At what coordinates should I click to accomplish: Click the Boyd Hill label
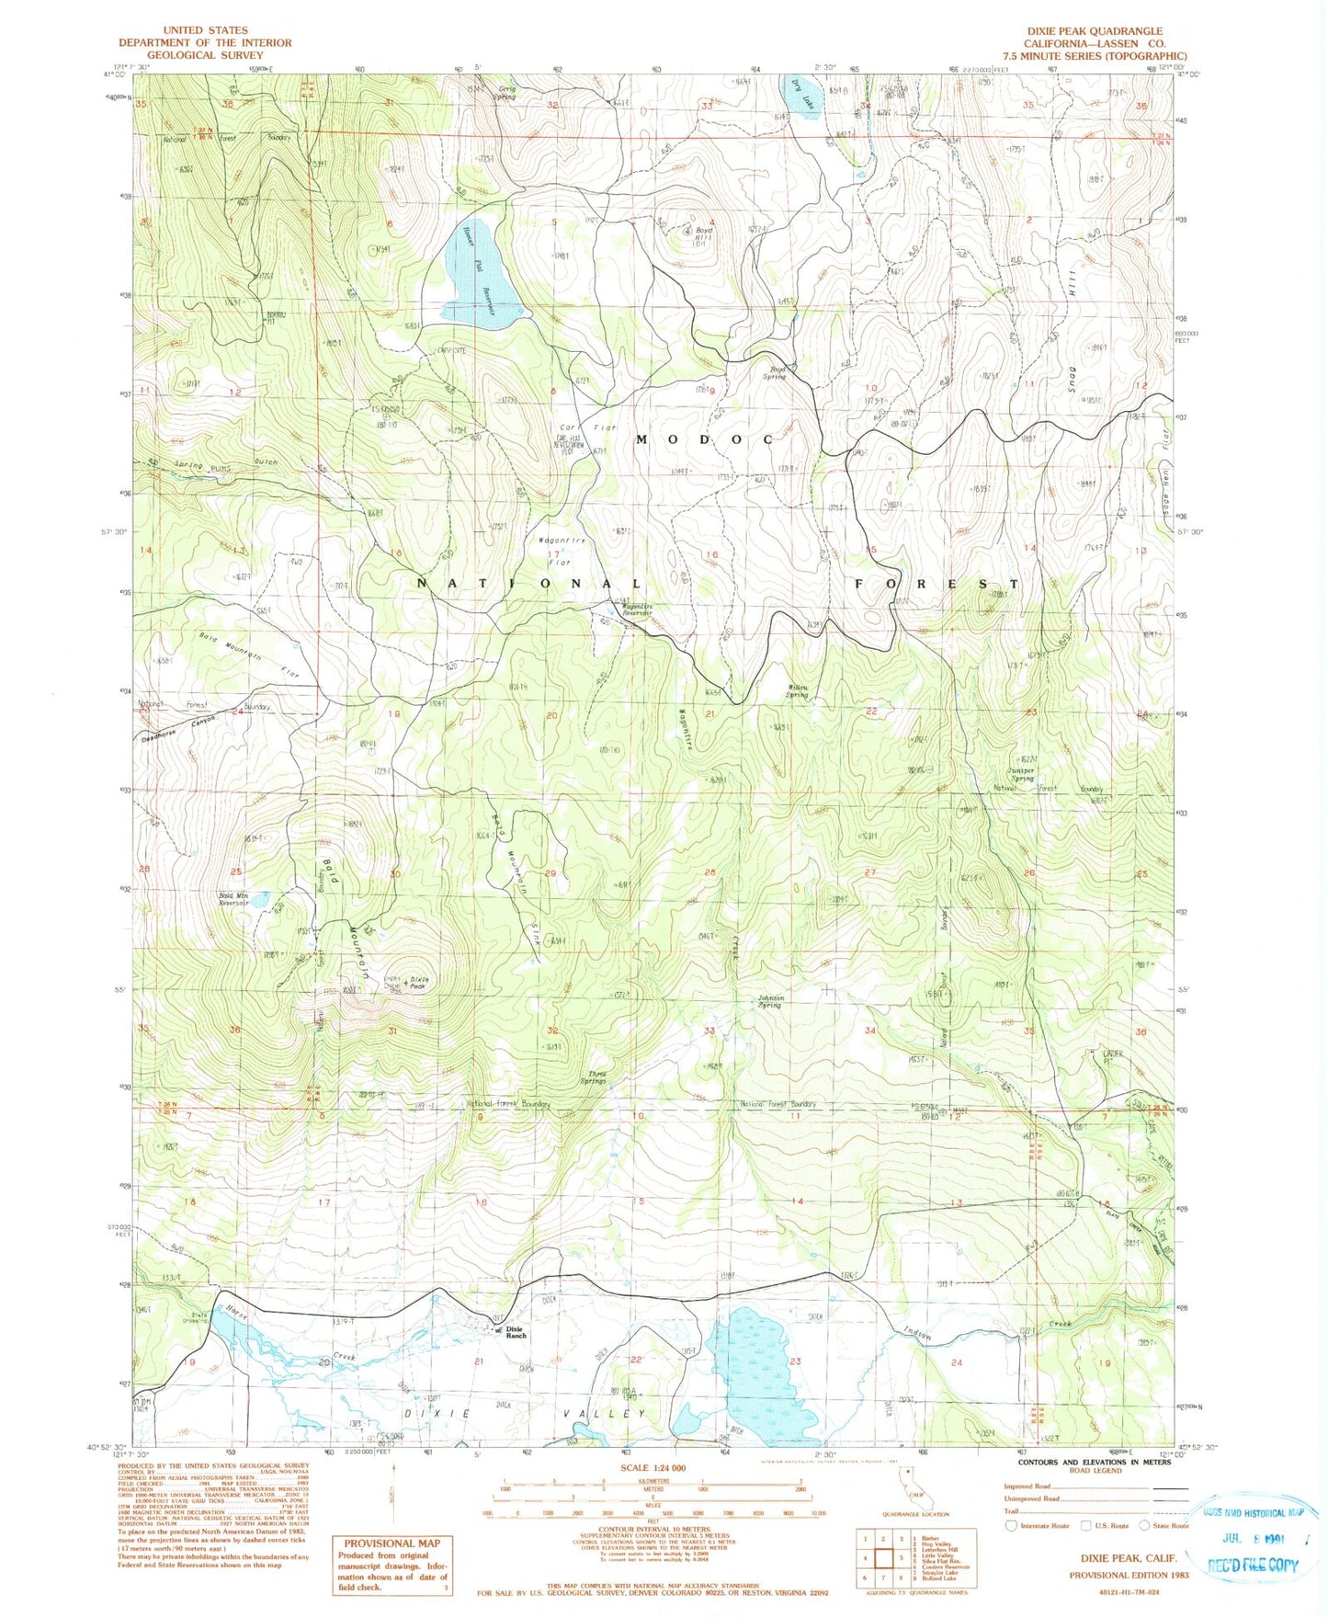click(x=704, y=233)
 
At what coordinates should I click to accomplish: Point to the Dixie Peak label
click(x=418, y=983)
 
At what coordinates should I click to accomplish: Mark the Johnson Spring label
click(x=770, y=1001)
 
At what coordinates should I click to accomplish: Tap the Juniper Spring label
click(x=1021, y=774)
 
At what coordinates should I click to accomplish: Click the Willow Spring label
click(x=797, y=692)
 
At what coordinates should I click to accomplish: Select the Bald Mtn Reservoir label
click(x=233, y=899)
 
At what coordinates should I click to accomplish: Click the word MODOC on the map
click(x=705, y=439)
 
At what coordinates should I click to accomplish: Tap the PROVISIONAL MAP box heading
click(x=392, y=1543)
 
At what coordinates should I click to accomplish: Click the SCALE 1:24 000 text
click(x=653, y=1468)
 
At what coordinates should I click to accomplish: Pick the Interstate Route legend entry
click(x=1039, y=1525)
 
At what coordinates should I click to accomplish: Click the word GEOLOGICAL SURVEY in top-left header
click(x=204, y=55)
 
